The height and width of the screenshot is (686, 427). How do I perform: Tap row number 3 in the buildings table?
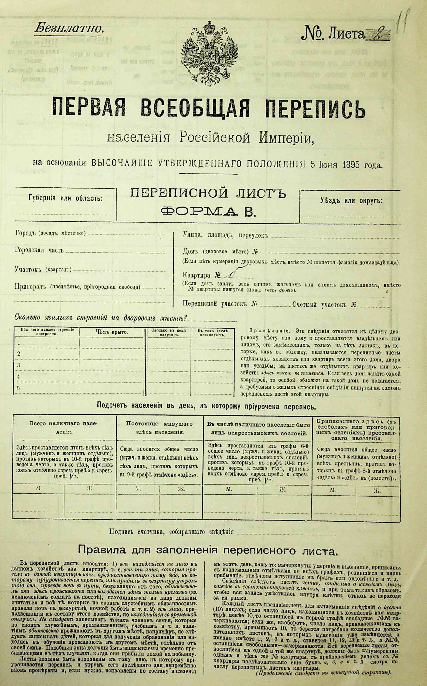[x=19, y=365]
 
